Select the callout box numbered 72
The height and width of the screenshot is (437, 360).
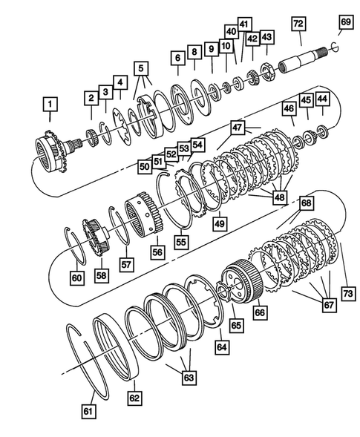[x=299, y=24]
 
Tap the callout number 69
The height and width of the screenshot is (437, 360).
[x=344, y=24]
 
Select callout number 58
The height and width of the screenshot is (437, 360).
[x=101, y=275]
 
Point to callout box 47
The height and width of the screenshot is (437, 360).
[x=239, y=128]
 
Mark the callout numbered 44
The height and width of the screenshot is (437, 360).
[x=323, y=98]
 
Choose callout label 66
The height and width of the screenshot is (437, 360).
[x=260, y=313]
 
